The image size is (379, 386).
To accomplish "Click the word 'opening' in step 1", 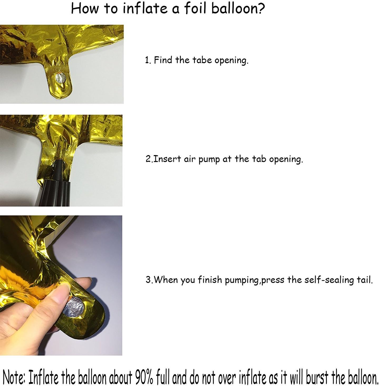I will pyautogui.click(x=231, y=61).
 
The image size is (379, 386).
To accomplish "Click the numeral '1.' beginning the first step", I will pyautogui.click(x=148, y=60).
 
